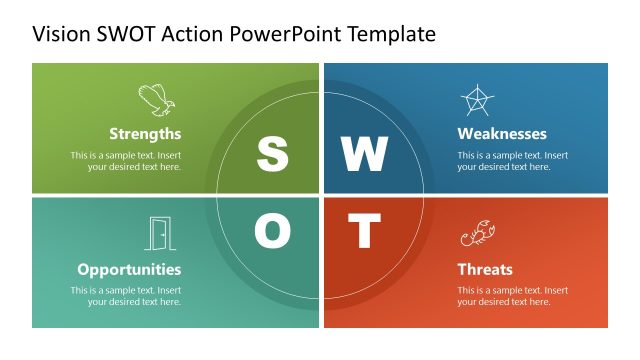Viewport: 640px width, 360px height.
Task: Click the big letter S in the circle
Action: [272, 154]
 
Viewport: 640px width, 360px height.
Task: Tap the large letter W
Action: [364, 154]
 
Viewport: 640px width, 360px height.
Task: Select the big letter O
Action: [272, 232]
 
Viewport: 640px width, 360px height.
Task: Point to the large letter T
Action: [364, 232]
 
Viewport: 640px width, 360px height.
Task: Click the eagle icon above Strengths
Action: [155, 100]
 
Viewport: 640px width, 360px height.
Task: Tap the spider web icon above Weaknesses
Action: [476, 100]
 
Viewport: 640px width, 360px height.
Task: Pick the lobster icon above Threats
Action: [477, 235]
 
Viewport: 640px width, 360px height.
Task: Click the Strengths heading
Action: [145, 133]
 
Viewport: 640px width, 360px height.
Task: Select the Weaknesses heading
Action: [502, 133]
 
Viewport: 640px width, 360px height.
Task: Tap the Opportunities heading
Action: [129, 269]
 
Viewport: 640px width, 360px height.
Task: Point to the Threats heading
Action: [485, 269]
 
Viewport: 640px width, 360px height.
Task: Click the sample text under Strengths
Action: [126, 161]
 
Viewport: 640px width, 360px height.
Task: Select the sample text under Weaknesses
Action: [513, 161]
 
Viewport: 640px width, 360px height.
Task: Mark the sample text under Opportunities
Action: [126, 296]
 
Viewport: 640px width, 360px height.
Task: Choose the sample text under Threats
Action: [513, 296]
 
